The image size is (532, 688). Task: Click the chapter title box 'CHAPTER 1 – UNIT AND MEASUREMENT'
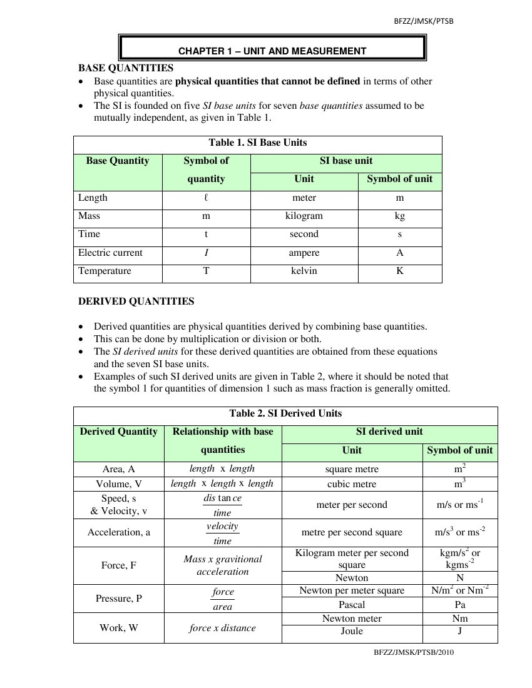[272, 51]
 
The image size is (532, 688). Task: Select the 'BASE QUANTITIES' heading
[125, 68]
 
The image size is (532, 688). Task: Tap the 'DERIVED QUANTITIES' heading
[136, 301]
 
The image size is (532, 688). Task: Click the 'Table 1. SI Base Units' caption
[258, 143]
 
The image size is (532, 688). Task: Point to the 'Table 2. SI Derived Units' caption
[285, 413]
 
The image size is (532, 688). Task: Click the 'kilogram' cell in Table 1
[304, 216]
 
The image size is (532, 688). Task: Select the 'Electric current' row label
[110, 253]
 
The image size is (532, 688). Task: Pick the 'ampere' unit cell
[304, 253]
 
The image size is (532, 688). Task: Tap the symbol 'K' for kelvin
[400, 271]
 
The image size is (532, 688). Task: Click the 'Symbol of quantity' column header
[206, 169]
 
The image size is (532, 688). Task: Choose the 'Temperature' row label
[105, 271]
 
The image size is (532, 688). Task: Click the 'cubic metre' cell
[352, 484]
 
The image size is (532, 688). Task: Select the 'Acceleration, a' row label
[119, 532]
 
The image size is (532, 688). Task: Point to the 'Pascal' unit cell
[352, 605]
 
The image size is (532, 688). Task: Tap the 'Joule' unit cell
[352, 631]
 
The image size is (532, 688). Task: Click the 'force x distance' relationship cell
[222, 628]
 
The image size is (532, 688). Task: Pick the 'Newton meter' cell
[352, 619]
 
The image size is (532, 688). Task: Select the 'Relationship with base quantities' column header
[223, 440]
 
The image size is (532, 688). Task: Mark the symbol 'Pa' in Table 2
[460, 605]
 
